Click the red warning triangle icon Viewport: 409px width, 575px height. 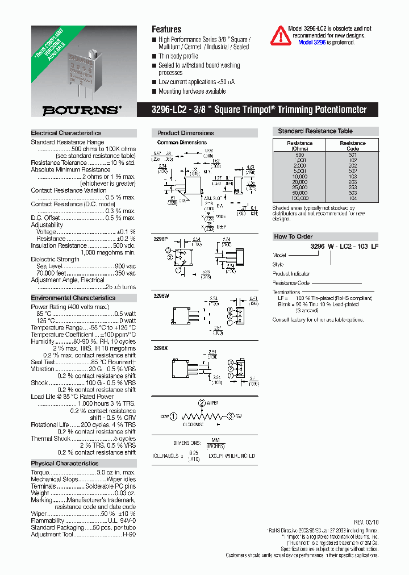[x=279, y=35]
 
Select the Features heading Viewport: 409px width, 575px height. [x=166, y=29]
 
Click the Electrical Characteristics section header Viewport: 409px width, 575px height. [x=66, y=133]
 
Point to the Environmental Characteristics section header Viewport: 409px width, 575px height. [x=73, y=298]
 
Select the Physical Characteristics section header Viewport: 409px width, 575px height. [x=64, y=463]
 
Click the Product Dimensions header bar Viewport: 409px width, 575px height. [x=186, y=133]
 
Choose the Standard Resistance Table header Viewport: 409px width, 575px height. [x=315, y=131]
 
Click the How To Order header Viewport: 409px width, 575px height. [x=293, y=236]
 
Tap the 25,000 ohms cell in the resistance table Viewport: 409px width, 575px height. [x=299, y=187]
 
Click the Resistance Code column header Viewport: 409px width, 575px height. [x=352, y=145]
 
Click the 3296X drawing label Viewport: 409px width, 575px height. [x=161, y=347]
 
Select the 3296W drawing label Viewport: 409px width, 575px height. [x=161, y=295]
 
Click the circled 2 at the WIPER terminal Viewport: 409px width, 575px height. [x=201, y=403]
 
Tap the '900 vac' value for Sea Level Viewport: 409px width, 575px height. [x=125, y=266]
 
